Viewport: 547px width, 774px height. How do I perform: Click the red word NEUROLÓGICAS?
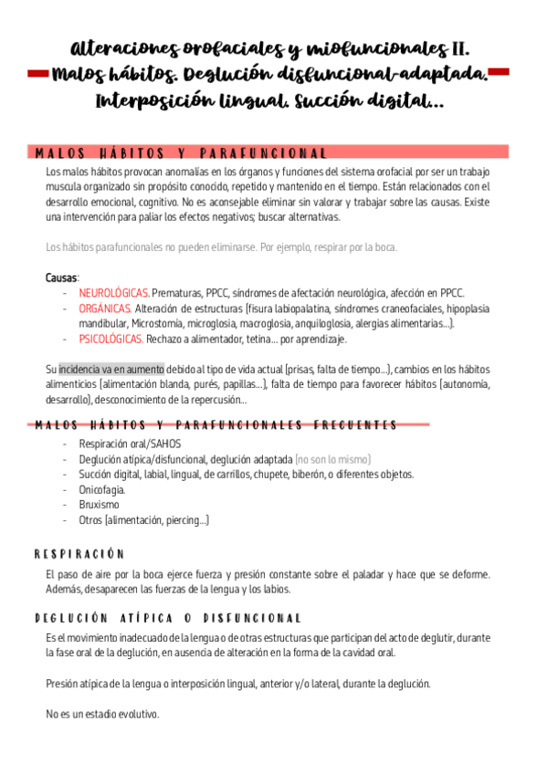pos(114,293)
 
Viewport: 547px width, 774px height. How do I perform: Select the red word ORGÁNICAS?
pos(105,309)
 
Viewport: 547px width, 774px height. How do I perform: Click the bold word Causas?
pos(62,277)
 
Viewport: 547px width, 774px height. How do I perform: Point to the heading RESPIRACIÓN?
pos(79,555)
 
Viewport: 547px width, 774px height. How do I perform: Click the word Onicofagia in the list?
pos(102,490)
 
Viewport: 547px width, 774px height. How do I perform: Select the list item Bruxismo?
pos(100,505)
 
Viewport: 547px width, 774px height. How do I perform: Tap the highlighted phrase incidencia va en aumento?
pos(111,370)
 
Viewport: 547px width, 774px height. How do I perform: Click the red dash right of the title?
pos(500,72)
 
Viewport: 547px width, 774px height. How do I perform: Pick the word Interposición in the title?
pos(152,102)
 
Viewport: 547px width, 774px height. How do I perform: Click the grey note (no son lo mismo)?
pos(333,459)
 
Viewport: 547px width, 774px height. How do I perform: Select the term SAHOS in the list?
pos(165,444)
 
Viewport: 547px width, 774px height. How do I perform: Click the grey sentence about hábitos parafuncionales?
pos(221,247)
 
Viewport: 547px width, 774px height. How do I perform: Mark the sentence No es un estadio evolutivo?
pos(102,714)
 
